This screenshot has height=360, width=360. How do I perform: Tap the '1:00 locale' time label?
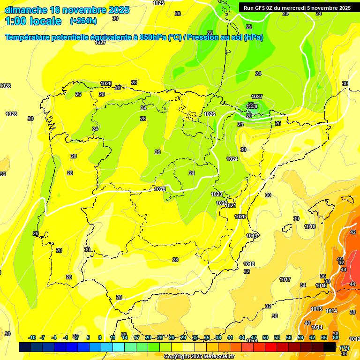click(33, 21)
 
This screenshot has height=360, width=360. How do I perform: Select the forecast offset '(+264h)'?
click(83, 21)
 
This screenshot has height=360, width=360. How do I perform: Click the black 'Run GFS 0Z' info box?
click(297, 7)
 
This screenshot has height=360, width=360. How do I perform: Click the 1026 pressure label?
click(210, 114)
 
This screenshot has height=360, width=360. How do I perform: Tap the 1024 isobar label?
click(232, 159)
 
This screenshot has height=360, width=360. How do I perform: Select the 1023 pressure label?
click(217, 194)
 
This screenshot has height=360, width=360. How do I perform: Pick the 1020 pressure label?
click(240, 217)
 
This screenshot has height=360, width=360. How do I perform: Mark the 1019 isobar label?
click(252, 236)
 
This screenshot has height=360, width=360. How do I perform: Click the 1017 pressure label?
click(285, 279)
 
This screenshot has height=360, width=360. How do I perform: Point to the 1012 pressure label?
click(355, 339)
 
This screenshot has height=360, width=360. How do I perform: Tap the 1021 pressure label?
click(231, 205)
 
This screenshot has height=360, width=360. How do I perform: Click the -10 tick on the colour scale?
click(32, 337)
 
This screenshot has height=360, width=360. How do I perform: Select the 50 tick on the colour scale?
click(265, 337)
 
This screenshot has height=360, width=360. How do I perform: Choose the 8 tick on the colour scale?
click(100, 337)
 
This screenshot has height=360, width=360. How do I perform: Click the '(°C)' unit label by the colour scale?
click(345, 348)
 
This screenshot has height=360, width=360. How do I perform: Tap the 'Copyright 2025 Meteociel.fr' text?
click(199, 356)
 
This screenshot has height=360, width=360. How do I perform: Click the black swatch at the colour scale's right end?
click(330, 347)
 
